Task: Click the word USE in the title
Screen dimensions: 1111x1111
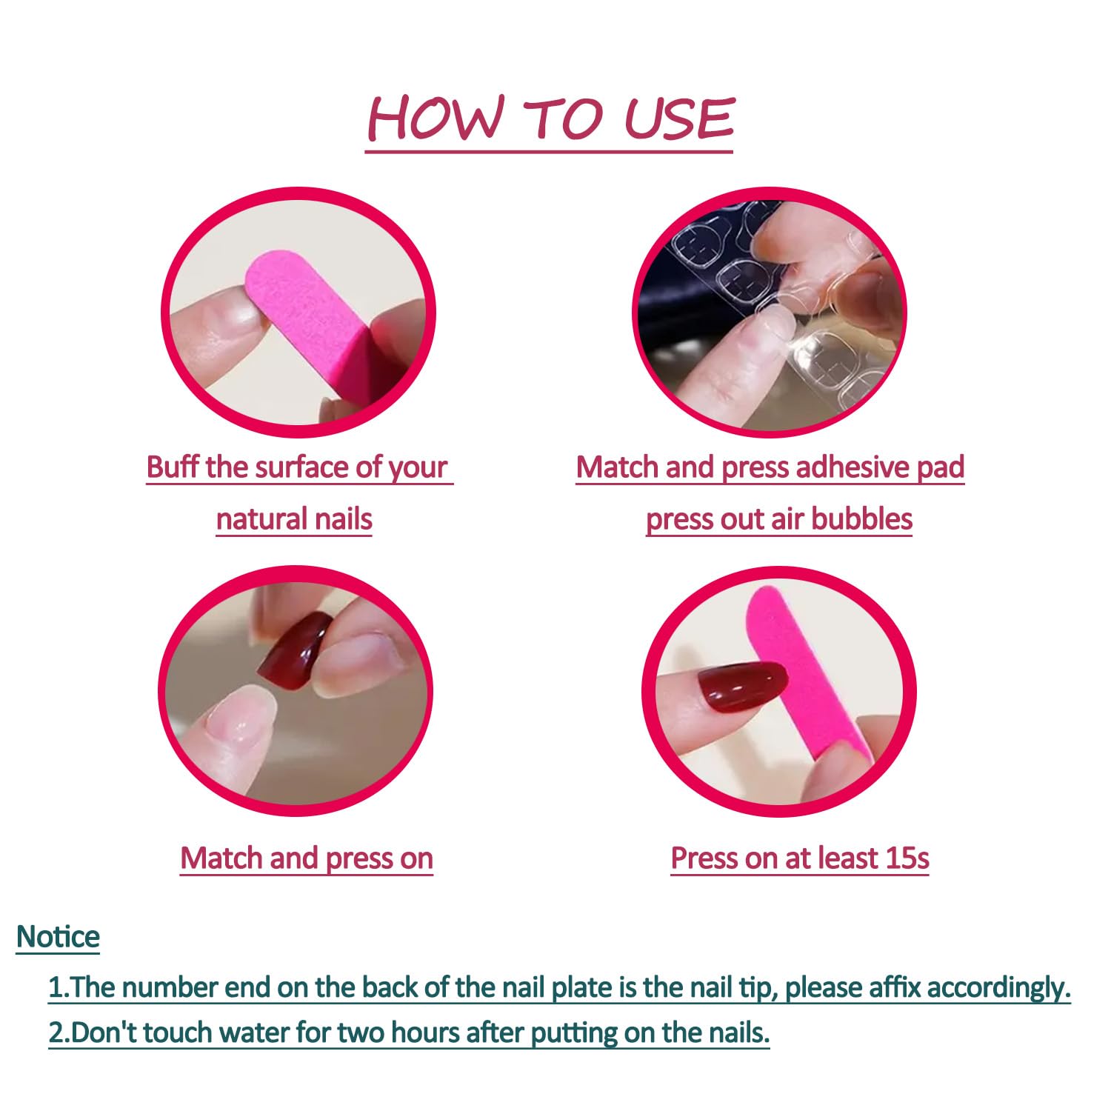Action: [x=678, y=119]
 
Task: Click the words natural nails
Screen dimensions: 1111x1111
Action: [x=294, y=519]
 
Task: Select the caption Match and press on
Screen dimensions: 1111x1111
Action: [x=307, y=858]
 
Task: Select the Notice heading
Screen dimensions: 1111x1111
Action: [x=58, y=937]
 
